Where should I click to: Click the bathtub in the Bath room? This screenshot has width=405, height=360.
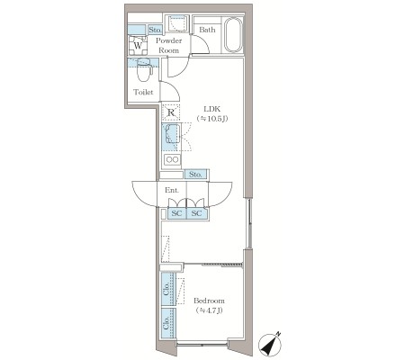tap(233, 35)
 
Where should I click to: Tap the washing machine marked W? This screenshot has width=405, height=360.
tap(138, 46)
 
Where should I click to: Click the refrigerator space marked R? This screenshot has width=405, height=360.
tap(171, 112)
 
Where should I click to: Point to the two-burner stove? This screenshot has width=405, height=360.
tap(172, 159)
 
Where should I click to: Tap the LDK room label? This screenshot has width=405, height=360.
tap(212, 109)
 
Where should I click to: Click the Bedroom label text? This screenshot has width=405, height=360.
tap(209, 301)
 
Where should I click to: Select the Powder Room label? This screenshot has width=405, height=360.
tap(169, 45)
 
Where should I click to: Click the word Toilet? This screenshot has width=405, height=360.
tap(143, 92)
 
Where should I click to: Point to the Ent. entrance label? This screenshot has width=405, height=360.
tap(172, 190)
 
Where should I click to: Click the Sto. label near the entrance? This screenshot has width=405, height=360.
tap(195, 175)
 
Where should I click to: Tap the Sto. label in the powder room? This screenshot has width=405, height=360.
tap(155, 30)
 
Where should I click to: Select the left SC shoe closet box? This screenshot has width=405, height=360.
tap(176, 213)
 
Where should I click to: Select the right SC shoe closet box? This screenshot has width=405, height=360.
tap(196, 213)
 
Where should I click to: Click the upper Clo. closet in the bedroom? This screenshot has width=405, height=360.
tap(168, 289)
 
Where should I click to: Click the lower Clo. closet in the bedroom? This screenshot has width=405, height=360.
tap(168, 323)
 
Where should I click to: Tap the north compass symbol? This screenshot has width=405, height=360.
tap(270, 344)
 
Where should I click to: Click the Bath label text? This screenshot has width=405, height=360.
tap(207, 30)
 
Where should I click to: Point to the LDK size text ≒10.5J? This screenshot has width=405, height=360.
tap(212, 119)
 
